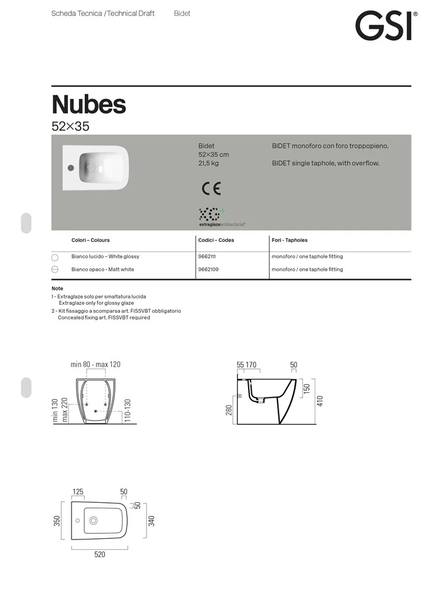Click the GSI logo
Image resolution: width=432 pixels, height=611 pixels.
pyautogui.click(x=386, y=26)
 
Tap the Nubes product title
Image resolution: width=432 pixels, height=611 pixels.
pyautogui.click(x=89, y=104)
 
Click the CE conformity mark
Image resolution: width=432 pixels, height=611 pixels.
pyautogui.click(x=211, y=189)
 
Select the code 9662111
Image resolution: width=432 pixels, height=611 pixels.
pyautogui.click(x=207, y=257)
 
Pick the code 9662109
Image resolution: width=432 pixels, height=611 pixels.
pyautogui.click(x=208, y=269)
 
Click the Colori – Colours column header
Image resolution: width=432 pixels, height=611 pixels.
pyautogui.click(x=90, y=240)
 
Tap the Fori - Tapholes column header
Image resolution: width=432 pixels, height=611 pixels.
pyautogui.click(x=290, y=240)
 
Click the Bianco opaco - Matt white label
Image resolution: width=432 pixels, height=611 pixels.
pyautogui.click(x=103, y=269)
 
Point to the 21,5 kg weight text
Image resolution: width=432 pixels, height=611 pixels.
pyautogui.click(x=208, y=163)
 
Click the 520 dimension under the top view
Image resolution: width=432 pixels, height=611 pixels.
pyautogui.click(x=100, y=555)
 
